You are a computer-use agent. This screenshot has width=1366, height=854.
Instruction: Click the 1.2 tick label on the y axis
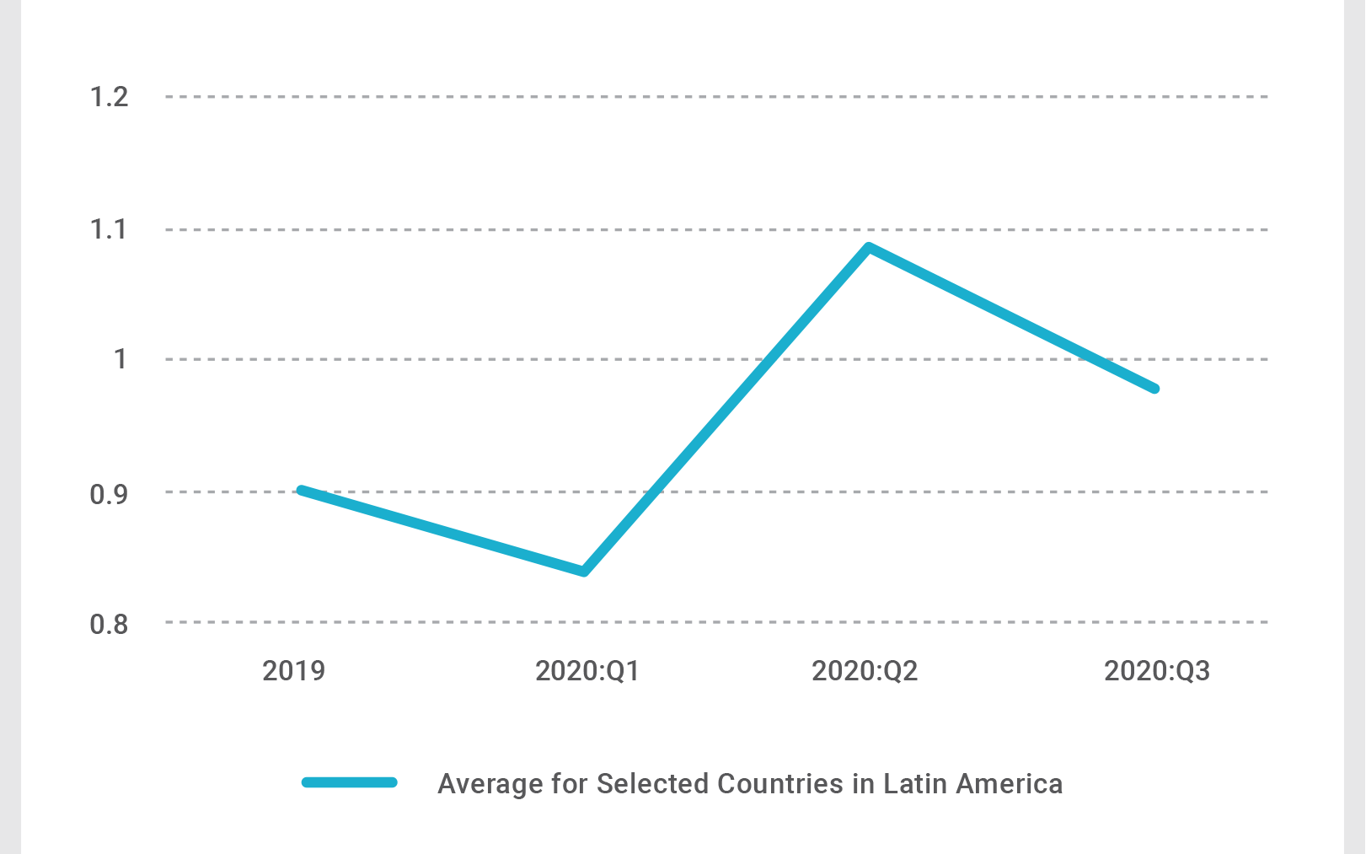pos(109,97)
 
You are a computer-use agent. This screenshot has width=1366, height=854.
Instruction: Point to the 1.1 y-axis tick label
pos(109,228)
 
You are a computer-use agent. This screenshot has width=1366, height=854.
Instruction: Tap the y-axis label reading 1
pos(121,359)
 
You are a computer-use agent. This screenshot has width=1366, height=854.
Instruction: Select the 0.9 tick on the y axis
pos(109,494)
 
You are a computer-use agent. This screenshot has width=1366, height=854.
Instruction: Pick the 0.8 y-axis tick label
pos(109,624)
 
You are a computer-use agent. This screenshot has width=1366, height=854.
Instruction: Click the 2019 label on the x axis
pos(293,671)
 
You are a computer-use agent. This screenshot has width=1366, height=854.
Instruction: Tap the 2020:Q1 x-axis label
pos(587,671)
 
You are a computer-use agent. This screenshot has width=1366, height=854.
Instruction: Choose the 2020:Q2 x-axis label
pos(865,671)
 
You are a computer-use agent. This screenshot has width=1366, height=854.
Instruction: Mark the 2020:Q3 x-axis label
pos(1157,671)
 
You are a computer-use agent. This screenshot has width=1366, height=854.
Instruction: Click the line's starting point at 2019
pos(302,490)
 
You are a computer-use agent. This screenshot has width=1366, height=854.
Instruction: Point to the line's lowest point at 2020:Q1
pos(584,572)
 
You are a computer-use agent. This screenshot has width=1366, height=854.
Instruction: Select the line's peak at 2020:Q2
pos(869,247)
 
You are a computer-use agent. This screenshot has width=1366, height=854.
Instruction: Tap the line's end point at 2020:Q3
pos(1154,389)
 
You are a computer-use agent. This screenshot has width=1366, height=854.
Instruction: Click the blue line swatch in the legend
pos(350,782)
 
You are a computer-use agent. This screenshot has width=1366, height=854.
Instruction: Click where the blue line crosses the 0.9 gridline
pos(655,491)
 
